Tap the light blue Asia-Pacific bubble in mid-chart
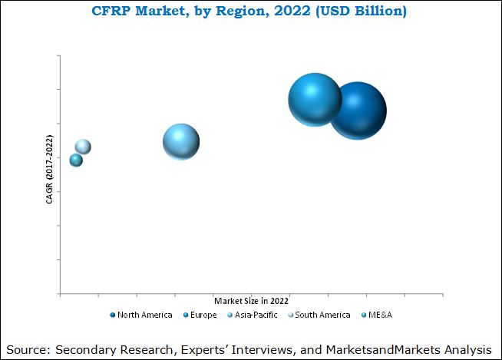181,142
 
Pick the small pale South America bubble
83,147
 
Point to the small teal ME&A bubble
76,160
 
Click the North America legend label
145,315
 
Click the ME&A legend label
381,315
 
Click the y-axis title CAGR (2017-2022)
49,170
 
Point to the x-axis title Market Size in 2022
252,300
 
